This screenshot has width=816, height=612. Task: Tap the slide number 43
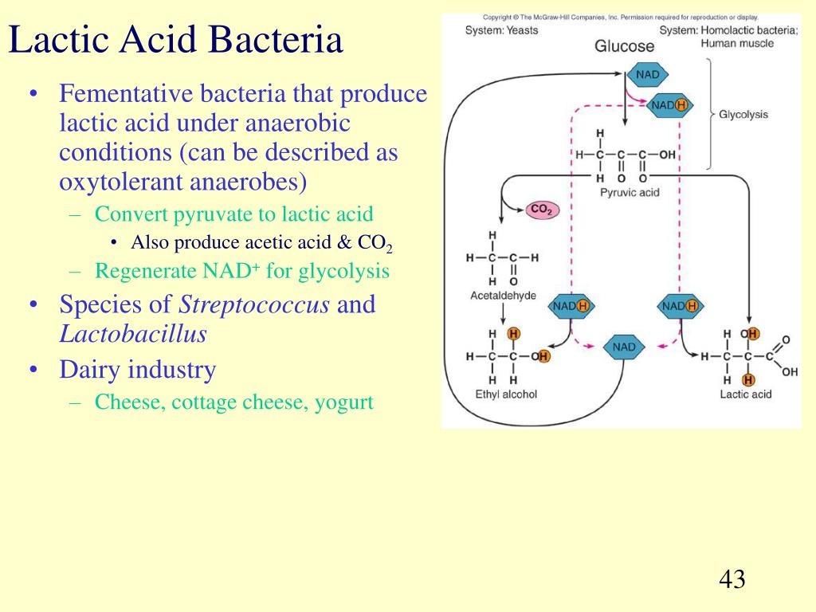(x=732, y=579)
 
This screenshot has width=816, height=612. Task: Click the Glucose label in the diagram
(x=624, y=46)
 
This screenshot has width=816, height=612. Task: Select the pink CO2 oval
(x=543, y=210)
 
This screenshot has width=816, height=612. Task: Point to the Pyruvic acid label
(x=629, y=192)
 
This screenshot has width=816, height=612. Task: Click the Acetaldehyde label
(x=503, y=296)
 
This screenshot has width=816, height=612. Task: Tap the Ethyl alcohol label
(x=506, y=394)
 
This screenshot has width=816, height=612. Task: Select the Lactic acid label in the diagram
(x=745, y=394)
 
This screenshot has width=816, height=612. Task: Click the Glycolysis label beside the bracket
(x=743, y=115)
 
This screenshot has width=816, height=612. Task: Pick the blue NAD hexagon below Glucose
(x=647, y=75)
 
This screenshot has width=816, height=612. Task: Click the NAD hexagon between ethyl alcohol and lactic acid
(x=624, y=347)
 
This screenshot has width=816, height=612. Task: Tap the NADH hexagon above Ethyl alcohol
(x=571, y=306)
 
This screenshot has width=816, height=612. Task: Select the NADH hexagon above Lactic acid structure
(x=680, y=306)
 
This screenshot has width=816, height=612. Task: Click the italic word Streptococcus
(x=254, y=304)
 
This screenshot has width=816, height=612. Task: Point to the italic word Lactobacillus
(x=133, y=334)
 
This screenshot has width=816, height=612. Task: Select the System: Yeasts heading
(x=501, y=30)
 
